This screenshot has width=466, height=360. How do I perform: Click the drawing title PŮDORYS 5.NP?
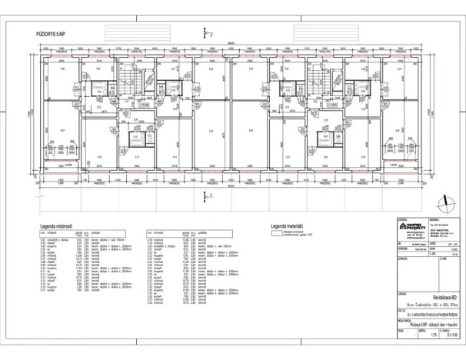(52, 35)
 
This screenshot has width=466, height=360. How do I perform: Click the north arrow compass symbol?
(444, 203)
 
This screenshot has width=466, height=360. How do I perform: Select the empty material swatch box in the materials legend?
(274, 233)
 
